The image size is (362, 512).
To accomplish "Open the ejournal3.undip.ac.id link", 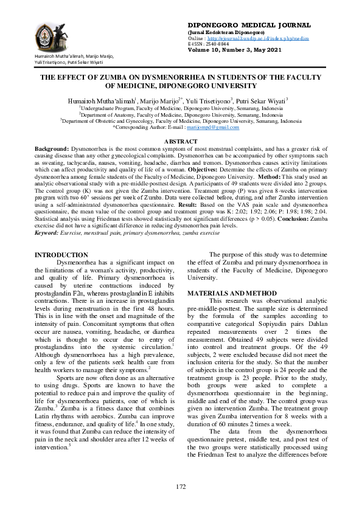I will pyautogui.click(x=257, y=38).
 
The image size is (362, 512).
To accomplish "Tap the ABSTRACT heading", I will pyautogui.click(x=181, y=141).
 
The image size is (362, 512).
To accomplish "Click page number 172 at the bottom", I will pyautogui.click(x=181, y=487).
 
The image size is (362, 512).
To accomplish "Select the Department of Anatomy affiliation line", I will pyautogui.click(x=181, y=114).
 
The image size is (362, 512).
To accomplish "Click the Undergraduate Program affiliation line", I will pyautogui.click(x=181, y=107).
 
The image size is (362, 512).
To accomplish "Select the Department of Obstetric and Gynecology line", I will pyautogui.click(x=181, y=120).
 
